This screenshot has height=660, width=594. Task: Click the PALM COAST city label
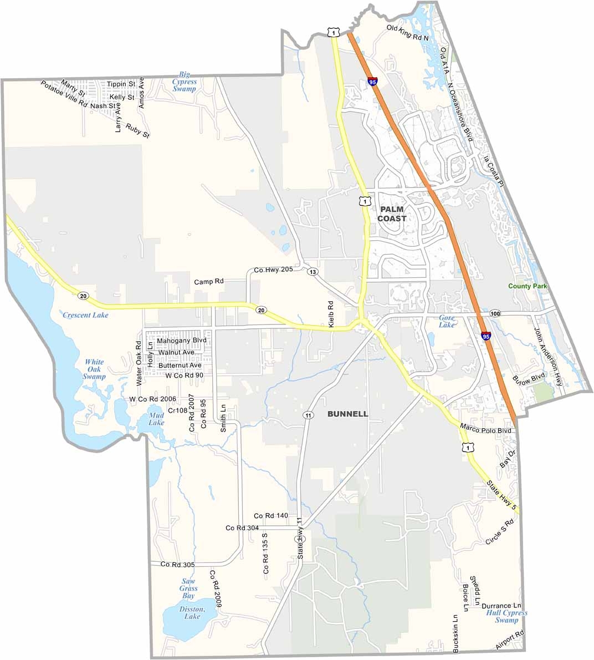click(x=392, y=214)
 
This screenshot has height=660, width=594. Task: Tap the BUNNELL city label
click(x=347, y=414)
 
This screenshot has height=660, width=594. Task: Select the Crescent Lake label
click(x=85, y=315)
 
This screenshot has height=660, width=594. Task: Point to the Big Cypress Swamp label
click(x=184, y=82)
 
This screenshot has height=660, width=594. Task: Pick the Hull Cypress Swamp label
click(x=506, y=617)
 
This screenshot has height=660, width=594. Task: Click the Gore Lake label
click(x=446, y=321)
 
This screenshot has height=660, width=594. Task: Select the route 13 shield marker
click(x=313, y=272)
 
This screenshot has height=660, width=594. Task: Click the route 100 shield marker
click(x=495, y=314)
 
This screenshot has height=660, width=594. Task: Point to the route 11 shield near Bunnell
click(x=306, y=414)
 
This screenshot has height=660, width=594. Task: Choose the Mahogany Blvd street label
click(x=182, y=341)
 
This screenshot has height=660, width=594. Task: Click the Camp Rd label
click(x=208, y=282)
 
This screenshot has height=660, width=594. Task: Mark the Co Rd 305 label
click(x=177, y=565)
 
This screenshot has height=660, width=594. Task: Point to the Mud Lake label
click(x=156, y=419)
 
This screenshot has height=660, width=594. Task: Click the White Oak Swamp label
click(x=94, y=369)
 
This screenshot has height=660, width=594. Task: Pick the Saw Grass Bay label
click(x=188, y=588)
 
